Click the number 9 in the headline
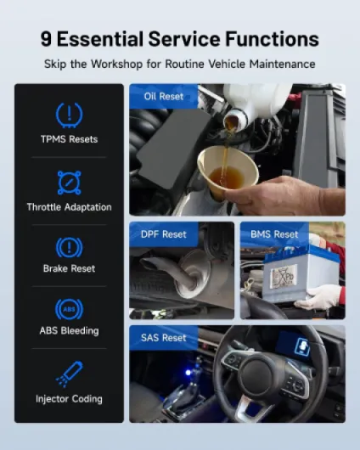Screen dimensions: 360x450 [x=46, y=39]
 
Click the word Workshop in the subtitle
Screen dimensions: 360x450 [x=116, y=64]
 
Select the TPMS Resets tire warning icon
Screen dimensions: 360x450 [x=69, y=115]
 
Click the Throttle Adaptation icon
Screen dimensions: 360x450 [x=69, y=183]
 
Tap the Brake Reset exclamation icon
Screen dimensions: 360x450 [x=69, y=247]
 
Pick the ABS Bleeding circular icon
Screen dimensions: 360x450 [x=69, y=309]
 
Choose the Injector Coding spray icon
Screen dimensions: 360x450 [x=69, y=374]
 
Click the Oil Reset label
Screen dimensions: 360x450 [x=164, y=97]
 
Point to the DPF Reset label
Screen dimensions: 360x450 [x=164, y=234]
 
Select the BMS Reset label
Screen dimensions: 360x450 [x=274, y=234]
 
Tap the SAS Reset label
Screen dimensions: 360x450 [x=164, y=338]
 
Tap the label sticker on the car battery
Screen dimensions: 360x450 [x=284, y=276]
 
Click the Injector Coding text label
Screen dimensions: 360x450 [x=69, y=399]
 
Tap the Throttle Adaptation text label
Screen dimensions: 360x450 [x=69, y=207]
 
